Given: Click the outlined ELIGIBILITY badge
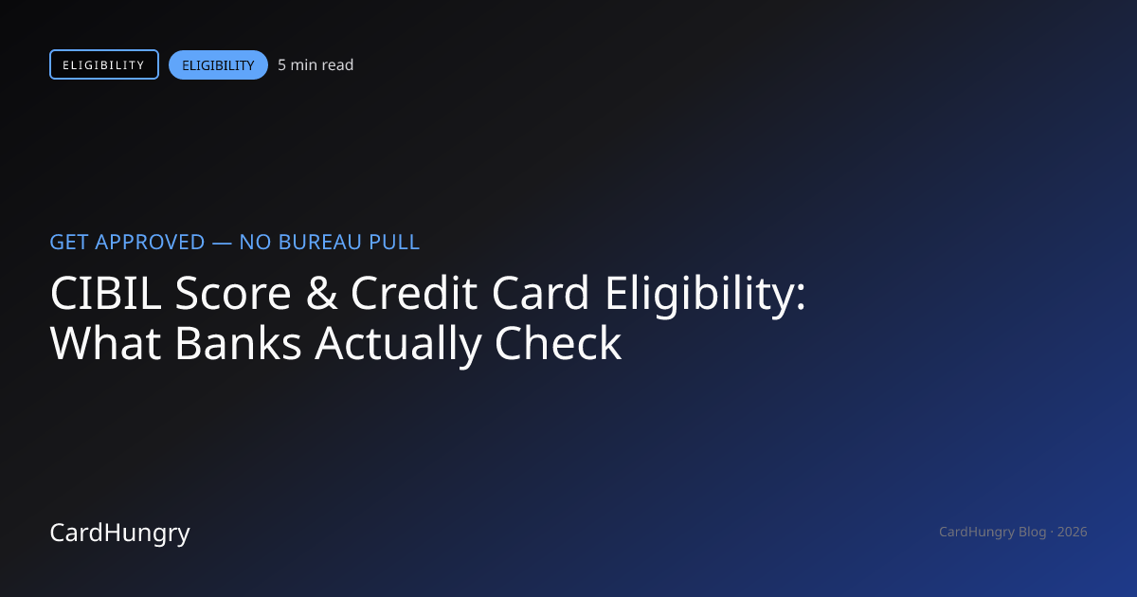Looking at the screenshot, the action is (104, 64).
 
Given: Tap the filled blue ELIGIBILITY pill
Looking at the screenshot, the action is (218, 65).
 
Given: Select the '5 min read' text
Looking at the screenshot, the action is (316, 65).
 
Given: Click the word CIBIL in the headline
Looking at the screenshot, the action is (105, 293).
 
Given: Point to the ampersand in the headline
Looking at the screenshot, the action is (321, 293).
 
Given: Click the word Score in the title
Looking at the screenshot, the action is (233, 293).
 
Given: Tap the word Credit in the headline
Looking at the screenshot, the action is (414, 293).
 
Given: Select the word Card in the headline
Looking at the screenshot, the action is (541, 293).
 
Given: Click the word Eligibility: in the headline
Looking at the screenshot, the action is (705, 296).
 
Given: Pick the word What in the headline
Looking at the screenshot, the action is (105, 344).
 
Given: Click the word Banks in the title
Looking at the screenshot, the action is (239, 344).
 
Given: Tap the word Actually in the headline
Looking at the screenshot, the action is (398, 346).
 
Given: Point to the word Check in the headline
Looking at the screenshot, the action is (558, 344).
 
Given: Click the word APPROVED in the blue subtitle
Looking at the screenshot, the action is (150, 243).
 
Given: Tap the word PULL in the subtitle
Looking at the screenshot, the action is (394, 243).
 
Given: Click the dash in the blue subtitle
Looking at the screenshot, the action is (222, 244).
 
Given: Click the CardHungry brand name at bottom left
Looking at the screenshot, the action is (119, 533).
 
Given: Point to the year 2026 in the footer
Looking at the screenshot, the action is (1072, 532).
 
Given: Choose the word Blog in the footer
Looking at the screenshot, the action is (1033, 532).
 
